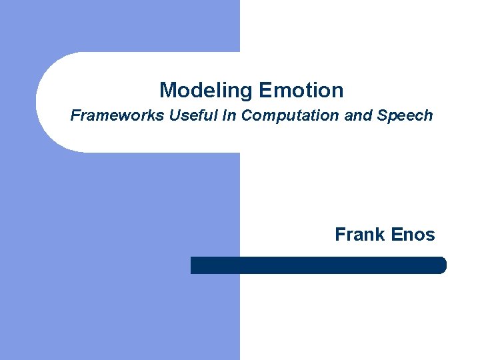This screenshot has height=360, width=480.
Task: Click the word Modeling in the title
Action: (207, 90)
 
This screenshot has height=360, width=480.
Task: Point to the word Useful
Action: (192, 115)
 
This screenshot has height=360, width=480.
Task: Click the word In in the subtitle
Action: (229, 115)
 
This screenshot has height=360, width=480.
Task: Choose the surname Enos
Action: (413, 235)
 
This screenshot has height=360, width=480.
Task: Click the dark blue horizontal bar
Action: (318, 265)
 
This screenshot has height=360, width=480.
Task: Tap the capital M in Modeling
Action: (167, 90)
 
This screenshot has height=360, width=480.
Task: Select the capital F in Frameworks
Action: (75, 115)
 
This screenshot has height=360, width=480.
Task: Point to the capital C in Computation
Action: (247, 115)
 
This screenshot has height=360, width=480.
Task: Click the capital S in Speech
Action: (381, 115)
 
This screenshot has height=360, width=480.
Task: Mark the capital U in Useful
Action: (174, 115)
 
